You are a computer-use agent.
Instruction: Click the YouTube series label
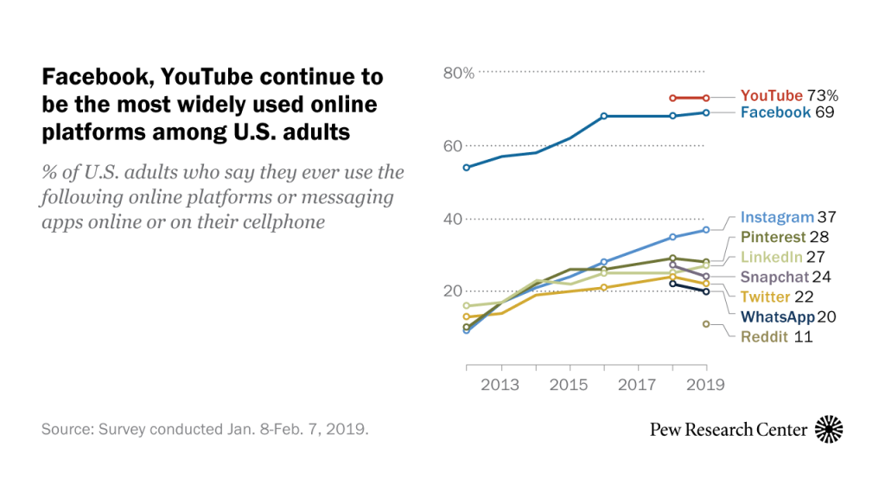point(772,96)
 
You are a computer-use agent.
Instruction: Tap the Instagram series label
point(777,218)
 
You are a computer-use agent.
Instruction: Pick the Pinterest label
point(774,237)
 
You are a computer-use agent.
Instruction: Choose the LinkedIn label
point(771,257)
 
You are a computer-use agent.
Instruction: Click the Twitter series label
point(765,297)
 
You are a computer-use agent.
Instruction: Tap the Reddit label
point(765,337)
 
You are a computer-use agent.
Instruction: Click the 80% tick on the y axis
point(459,73)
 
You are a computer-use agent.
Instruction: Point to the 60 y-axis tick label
point(453,146)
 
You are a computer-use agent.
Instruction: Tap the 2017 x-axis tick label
point(638,385)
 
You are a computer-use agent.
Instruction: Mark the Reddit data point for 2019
point(706,324)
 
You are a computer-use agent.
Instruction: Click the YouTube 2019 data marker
point(706,98)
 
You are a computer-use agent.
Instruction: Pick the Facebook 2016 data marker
point(604,116)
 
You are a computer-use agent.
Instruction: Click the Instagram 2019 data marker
point(706,229)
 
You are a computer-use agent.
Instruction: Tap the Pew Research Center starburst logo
point(829,429)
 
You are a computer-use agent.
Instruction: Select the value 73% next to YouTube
point(823,96)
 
